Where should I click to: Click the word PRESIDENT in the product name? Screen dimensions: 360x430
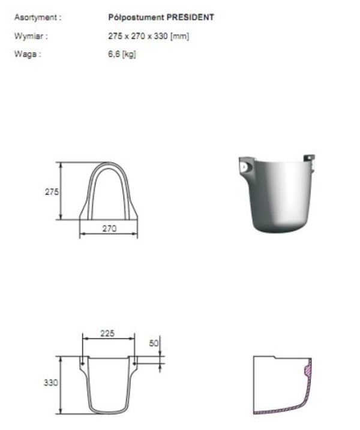coord(190,17)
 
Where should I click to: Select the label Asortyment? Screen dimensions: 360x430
coord(36,17)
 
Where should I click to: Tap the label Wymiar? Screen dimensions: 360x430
coord(29,36)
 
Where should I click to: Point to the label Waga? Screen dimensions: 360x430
coord(26,54)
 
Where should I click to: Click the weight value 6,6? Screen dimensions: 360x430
coord(114,54)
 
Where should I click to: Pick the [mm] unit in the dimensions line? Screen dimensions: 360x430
coord(180,36)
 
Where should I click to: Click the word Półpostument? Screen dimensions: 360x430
coord(136,17)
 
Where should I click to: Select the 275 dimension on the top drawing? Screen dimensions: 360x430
coord(52,191)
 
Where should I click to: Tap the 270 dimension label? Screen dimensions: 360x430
coord(109,228)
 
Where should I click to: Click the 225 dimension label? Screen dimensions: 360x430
coord(107,333)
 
